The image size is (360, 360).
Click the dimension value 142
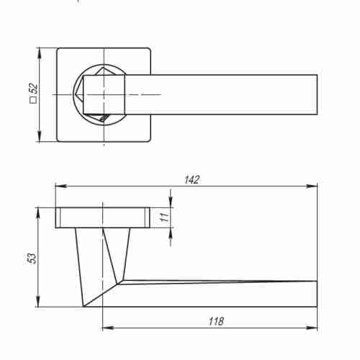point(190,179)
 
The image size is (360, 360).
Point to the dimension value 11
point(164,217)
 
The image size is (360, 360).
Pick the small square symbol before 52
point(32,102)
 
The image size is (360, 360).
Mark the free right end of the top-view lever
point(315,94)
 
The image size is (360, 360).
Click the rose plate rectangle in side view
point(102,217)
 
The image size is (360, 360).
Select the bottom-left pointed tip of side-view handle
point(84,307)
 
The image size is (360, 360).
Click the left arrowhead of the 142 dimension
point(58,186)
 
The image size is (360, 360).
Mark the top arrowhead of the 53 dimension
point(38,210)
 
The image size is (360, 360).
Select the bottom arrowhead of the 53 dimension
point(38,305)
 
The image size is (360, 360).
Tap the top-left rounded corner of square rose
point(59,50)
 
